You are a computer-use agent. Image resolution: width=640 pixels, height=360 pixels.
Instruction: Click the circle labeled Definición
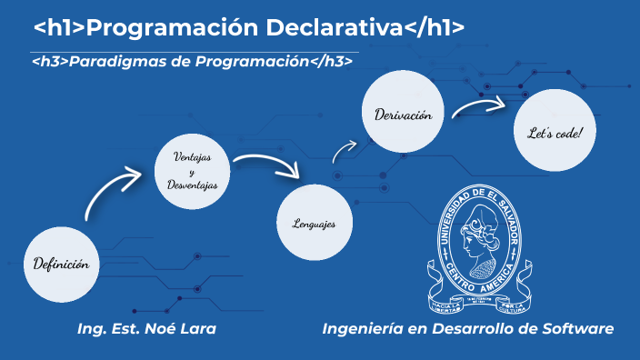[x=61, y=265]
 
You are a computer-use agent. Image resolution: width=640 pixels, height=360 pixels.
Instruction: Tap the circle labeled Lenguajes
[x=315, y=223]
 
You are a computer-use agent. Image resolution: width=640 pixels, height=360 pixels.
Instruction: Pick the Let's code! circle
[x=554, y=134]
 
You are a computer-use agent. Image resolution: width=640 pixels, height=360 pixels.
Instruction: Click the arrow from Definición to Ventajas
[x=114, y=188]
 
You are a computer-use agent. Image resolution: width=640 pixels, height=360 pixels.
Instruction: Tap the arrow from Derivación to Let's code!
[x=476, y=107]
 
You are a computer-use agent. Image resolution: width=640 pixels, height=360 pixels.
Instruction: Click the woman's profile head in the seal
[x=478, y=238]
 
